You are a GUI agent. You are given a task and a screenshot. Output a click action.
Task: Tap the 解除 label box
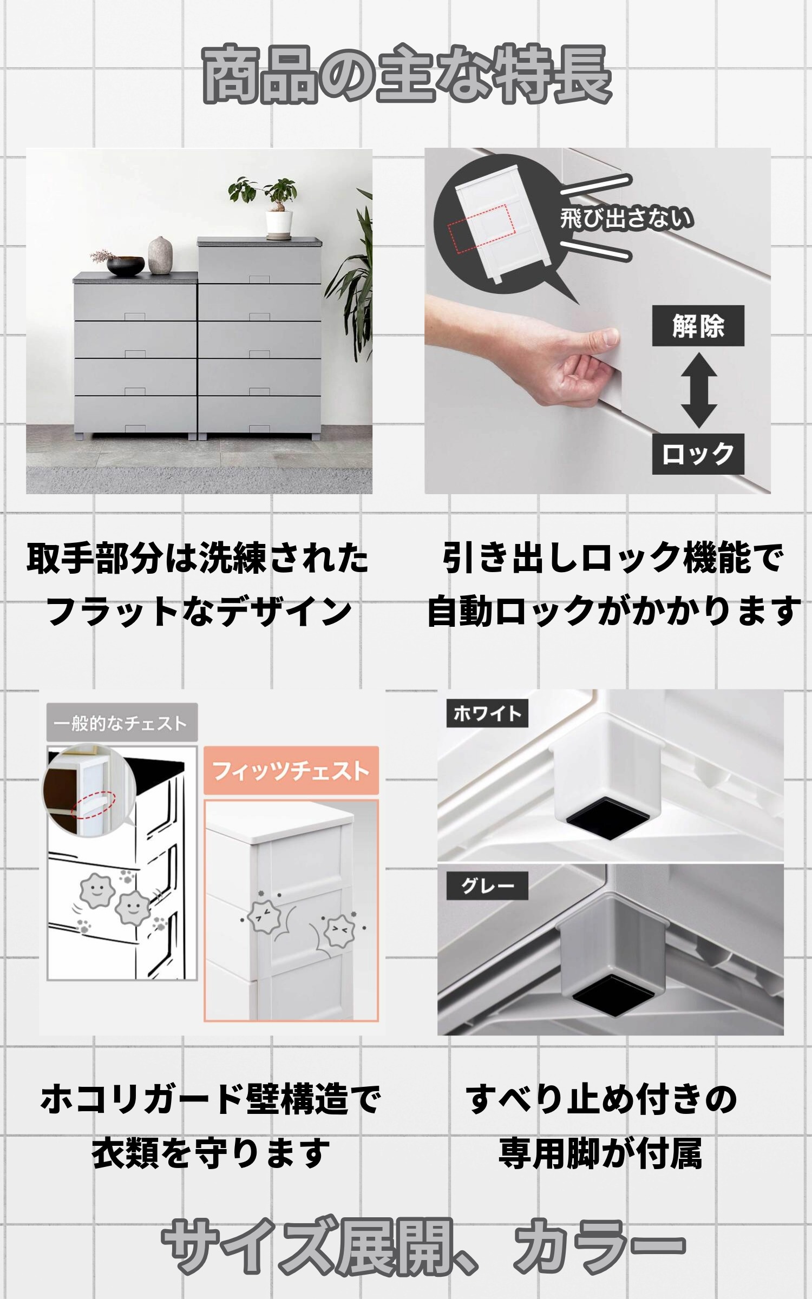pos(698,326)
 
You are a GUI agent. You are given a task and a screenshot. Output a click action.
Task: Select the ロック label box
pos(698,454)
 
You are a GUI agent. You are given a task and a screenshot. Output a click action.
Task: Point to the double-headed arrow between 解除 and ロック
pos(699,390)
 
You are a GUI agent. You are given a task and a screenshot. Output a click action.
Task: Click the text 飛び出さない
pos(626,219)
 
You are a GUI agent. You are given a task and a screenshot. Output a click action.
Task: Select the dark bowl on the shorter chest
pos(126,265)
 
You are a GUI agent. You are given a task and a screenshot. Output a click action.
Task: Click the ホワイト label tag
pos(487,713)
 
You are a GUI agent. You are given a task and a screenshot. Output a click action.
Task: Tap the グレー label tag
pos(487,886)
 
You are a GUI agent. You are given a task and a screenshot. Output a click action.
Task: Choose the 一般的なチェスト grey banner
pos(121,723)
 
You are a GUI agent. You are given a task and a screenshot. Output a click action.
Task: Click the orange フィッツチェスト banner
pos(291,771)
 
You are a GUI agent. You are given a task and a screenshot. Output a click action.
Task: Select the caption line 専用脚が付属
pos(600,1154)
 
